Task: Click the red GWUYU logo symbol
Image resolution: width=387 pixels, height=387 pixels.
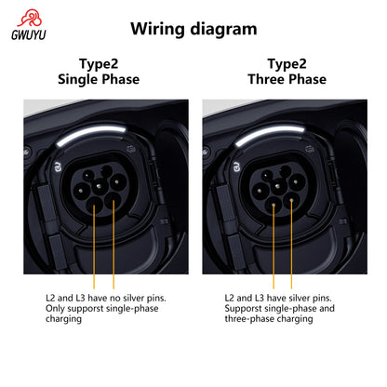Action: tap(30, 18)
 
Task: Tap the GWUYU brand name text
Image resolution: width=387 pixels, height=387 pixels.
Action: tap(29, 34)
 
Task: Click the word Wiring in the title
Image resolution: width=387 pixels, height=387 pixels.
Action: tap(157, 30)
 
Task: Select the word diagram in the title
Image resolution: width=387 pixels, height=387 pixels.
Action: tap(223, 30)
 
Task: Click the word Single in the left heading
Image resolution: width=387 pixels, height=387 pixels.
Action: tap(78, 80)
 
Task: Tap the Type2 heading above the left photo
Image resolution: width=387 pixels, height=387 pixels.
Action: tap(99, 64)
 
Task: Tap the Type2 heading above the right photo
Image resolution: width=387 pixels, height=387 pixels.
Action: tap(287, 64)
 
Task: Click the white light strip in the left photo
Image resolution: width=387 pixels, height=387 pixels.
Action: tap(90, 134)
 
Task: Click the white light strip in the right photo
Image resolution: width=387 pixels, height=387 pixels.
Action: tap(269, 134)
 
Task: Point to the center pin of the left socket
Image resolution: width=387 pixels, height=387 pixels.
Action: tap(99, 186)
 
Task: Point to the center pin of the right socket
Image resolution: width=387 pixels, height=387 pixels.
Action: tap(277, 186)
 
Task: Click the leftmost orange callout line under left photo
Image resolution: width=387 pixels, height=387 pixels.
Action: tap(94, 247)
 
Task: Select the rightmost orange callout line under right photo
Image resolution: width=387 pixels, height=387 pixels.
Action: tap(291, 244)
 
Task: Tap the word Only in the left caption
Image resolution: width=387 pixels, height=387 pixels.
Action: tap(55, 309)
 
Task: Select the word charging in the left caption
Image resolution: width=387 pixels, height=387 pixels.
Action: tap(63, 319)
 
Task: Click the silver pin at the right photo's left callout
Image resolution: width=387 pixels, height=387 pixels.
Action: tap(274, 205)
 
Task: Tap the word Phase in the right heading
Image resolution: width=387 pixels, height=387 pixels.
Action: tap(307, 79)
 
